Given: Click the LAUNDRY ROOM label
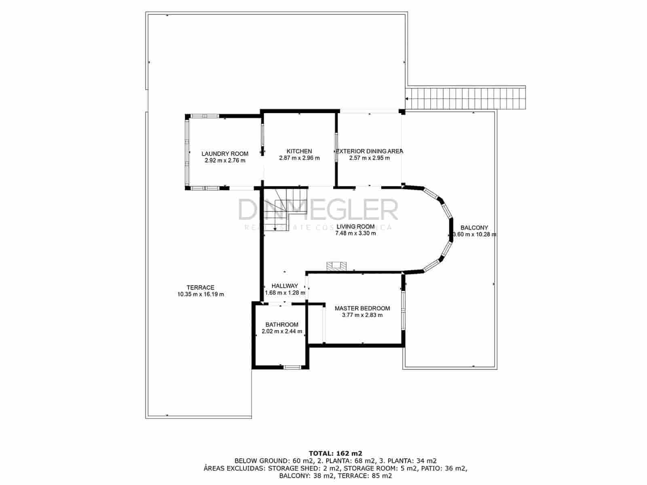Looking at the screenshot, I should coord(225,154).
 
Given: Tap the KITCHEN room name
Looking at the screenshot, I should coord(299,151).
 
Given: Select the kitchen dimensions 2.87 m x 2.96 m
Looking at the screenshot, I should coord(299,158).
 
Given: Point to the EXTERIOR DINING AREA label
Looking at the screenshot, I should coord(370,151).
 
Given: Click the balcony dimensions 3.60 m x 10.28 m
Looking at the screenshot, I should coord(474,234).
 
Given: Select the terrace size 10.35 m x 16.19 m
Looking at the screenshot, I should coord(201,294).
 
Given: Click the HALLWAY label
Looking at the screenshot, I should coord(285,286).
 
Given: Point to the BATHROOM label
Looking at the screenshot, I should coord(282,325).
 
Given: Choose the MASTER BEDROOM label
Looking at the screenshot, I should coord(362,308).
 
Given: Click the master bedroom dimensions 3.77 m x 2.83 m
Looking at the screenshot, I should coord(362,315).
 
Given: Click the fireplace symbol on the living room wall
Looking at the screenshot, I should coord(337,266).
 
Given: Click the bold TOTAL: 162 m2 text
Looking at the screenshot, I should coord(335,453).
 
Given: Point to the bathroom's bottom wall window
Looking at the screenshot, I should coord(292,367).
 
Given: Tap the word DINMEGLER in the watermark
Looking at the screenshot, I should coord(318,210).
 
